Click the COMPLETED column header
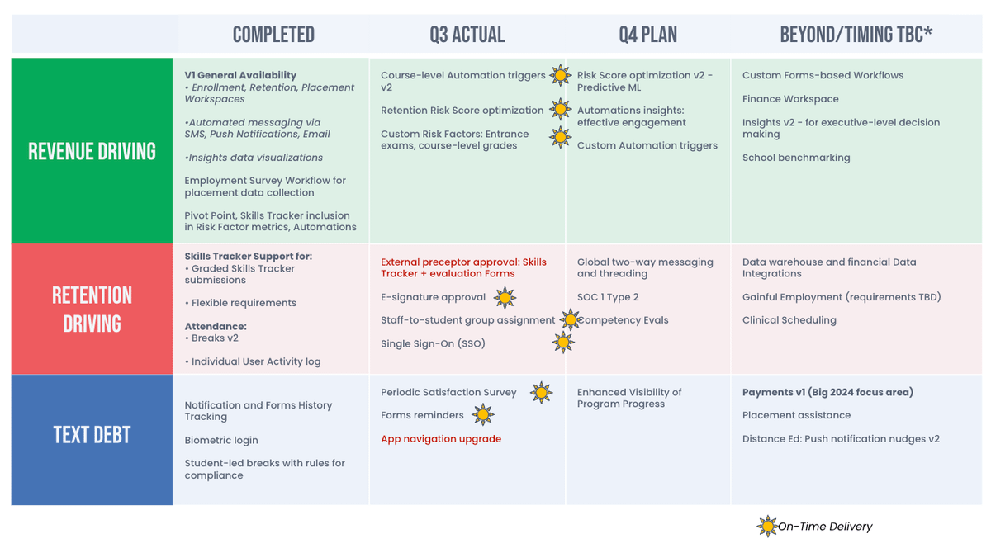273,34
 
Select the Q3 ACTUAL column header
467,34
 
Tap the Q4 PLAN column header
647,34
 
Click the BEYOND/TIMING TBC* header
856,34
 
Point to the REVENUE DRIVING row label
92,151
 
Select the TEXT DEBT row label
92,434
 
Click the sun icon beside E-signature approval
505,297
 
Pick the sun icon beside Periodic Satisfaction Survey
541,393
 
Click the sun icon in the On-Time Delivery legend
767,526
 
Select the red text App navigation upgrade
441,439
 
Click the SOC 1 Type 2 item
608,297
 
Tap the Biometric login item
221,441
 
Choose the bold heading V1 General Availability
240,75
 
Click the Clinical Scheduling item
789,320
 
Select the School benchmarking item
796,158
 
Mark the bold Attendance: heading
216,326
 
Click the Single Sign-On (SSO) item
433,343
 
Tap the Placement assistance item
796,415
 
